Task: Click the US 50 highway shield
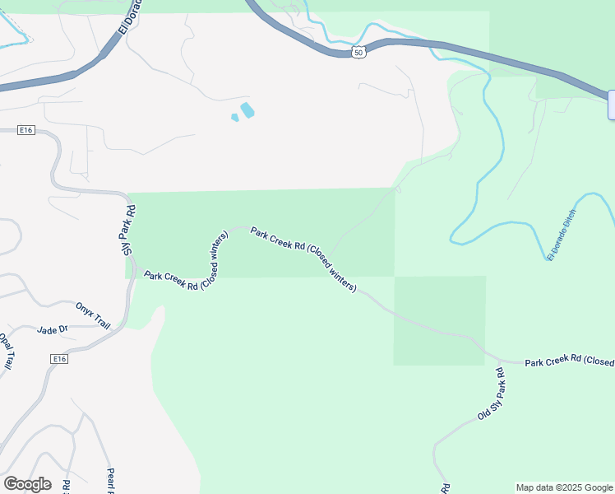click(358, 53)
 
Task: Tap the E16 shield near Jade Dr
click(58, 359)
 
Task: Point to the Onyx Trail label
click(92, 315)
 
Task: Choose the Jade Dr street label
click(52, 330)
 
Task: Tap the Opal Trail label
click(6, 351)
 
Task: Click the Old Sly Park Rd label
click(490, 395)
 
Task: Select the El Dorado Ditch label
click(562, 235)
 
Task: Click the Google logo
click(27, 484)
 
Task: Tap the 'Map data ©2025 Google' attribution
click(565, 487)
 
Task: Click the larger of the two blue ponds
click(247, 109)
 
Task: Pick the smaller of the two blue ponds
click(235, 118)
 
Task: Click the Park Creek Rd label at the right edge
click(569, 361)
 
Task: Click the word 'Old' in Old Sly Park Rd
click(481, 413)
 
